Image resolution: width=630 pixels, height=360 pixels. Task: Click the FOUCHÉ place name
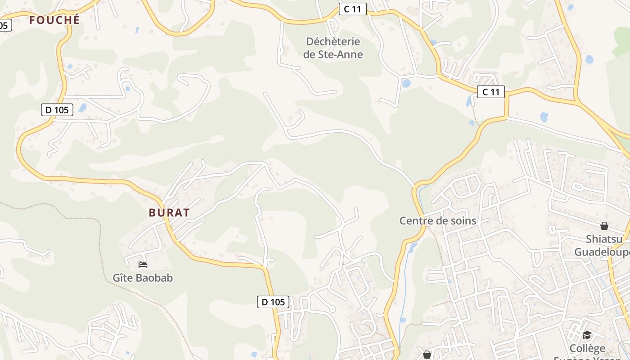[x=54, y=20]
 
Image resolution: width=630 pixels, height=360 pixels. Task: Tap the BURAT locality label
[x=170, y=213]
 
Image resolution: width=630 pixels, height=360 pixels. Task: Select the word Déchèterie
[x=333, y=41]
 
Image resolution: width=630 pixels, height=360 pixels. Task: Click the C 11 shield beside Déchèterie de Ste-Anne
[x=352, y=9]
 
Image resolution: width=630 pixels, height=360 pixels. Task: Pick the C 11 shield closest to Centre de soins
[x=490, y=92]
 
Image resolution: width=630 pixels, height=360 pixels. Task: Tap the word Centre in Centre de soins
[x=416, y=220]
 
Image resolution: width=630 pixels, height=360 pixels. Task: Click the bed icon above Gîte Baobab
[x=143, y=264]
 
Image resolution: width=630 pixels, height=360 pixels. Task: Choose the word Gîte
[x=123, y=278]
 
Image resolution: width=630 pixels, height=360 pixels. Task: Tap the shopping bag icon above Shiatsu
[x=604, y=225]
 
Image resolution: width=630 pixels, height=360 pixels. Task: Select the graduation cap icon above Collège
[x=587, y=335]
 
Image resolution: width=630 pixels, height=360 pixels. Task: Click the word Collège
[x=587, y=348]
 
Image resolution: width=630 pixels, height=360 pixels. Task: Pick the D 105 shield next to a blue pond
[x=57, y=110]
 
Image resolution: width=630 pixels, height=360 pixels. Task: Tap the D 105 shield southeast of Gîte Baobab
[x=273, y=302]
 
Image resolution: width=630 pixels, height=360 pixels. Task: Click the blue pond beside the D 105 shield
[x=82, y=108]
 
